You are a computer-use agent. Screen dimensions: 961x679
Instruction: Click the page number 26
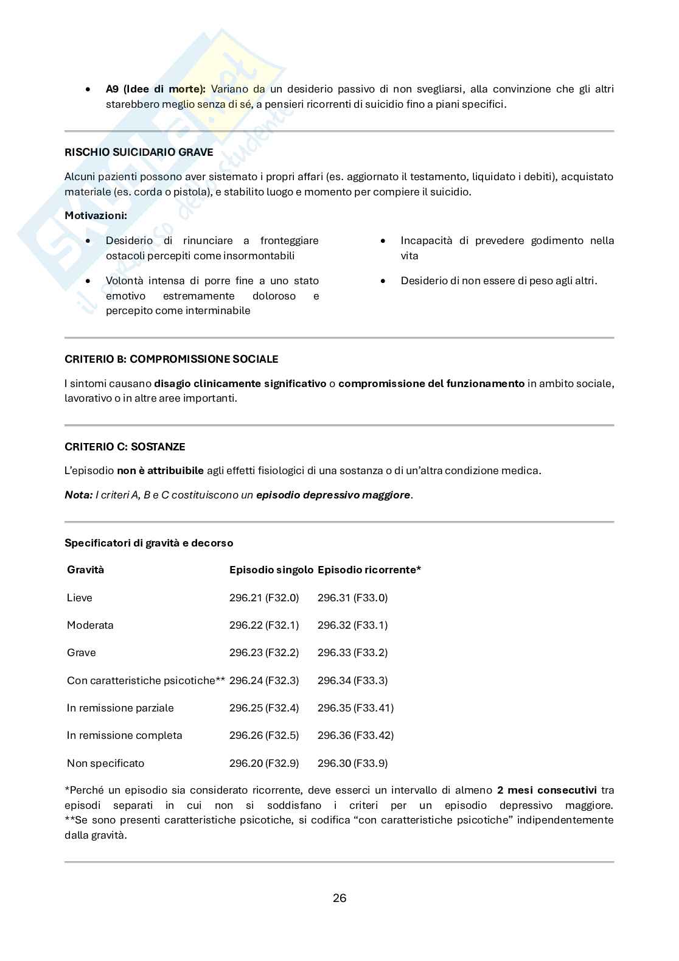(x=340, y=898)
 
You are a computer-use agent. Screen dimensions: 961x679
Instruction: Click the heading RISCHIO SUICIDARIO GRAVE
(x=139, y=152)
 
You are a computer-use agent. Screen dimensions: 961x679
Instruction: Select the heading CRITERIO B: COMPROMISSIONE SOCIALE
(x=171, y=359)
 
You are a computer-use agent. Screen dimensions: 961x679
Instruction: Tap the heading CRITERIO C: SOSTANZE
(x=125, y=447)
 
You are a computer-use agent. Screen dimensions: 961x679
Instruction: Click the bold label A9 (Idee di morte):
(x=156, y=89)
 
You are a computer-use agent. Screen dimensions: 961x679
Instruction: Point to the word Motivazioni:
(x=96, y=216)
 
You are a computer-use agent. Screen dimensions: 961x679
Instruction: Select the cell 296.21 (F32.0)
(x=264, y=598)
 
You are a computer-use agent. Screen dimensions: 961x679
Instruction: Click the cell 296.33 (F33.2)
(x=352, y=652)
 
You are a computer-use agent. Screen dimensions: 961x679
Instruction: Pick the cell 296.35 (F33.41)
(x=355, y=708)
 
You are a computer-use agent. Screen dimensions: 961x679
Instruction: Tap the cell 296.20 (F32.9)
(x=264, y=763)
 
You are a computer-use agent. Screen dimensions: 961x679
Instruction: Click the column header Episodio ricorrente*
(x=369, y=570)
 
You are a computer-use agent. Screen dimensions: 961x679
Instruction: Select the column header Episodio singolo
(x=271, y=570)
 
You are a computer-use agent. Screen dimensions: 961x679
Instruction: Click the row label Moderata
(x=90, y=625)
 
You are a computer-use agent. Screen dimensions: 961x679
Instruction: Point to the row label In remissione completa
(x=124, y=735)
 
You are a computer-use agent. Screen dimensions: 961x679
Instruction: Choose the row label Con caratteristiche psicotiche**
(x=146, y=680)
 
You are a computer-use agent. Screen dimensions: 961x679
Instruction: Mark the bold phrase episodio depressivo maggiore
(x=333, y=495)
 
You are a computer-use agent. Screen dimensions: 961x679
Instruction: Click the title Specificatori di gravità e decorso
(x=148, y=543)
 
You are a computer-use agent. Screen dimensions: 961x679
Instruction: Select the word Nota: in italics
(x=78, y=495)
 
